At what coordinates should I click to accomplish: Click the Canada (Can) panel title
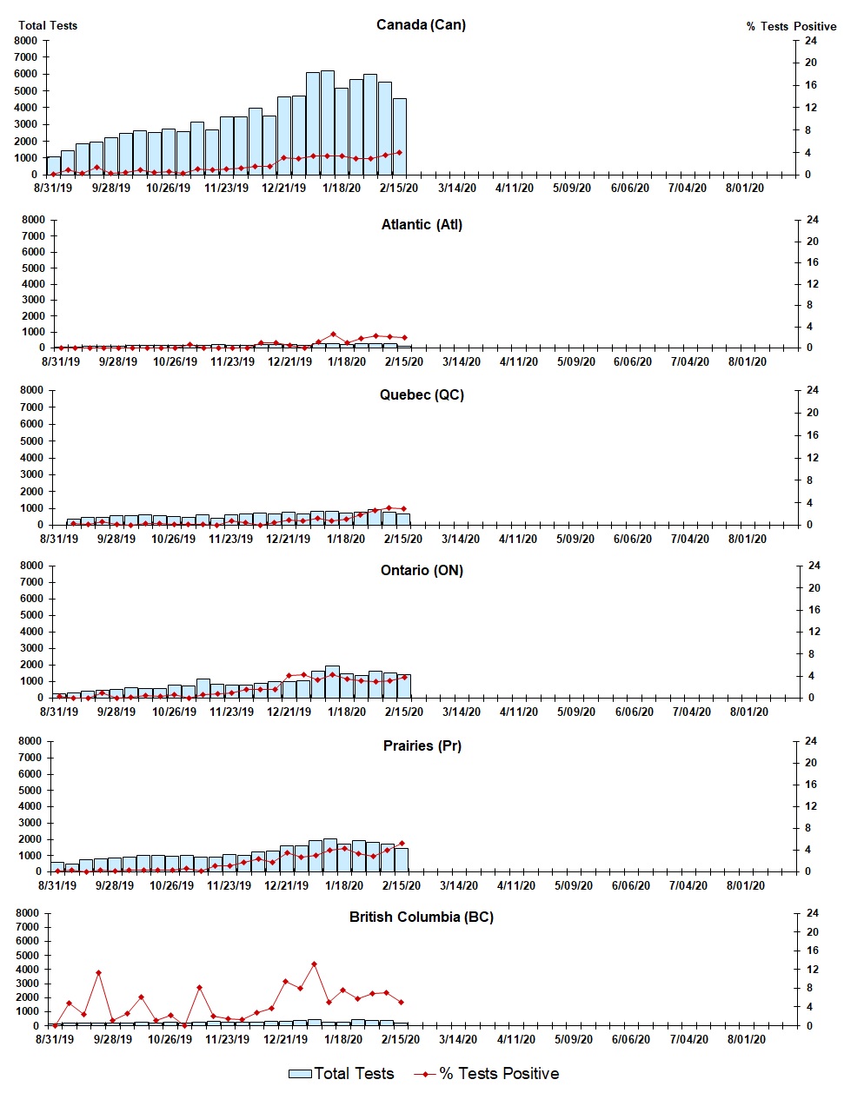pos(421,24)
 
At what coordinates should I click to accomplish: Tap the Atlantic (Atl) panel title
pos(422,224)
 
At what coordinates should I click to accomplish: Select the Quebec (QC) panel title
pos(422,394)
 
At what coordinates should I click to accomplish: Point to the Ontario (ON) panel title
pos(422,570)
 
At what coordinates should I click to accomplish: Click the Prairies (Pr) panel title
pos(422,745)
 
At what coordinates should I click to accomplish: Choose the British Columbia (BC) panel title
pos(421,917)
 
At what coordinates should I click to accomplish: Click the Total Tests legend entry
pos(342,1074)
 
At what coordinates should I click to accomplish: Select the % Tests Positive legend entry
pos(487,1074)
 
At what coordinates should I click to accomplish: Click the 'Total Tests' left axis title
pos(48,25)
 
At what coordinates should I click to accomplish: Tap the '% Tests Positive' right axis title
pos(791,26)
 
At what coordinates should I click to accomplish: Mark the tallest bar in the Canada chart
pos(328,122)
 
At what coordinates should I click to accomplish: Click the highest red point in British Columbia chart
pos(314,964)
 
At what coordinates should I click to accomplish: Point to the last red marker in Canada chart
pos(399,152)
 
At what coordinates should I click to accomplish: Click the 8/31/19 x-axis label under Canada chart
pos(53,188)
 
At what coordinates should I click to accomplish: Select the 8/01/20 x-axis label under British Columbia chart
pos(745,1039)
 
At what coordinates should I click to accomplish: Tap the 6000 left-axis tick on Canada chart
pos(26,74)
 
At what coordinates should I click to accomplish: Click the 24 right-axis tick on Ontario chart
pos(814,566)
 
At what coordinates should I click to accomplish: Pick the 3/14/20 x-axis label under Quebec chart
pos(460,539)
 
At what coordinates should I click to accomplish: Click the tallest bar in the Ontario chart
pos(332,682)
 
